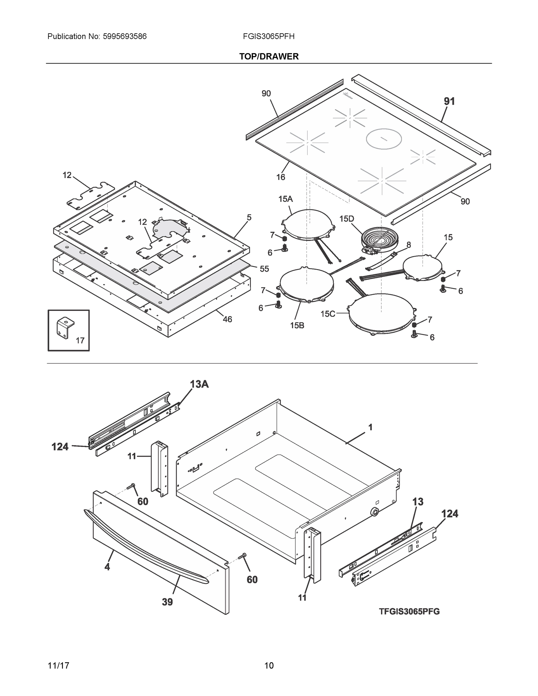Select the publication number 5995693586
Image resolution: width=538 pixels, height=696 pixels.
tap(125, 37)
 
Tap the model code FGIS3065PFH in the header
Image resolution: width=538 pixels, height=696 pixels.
tap(268, 37)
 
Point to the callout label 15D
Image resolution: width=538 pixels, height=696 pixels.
tap(347, 219)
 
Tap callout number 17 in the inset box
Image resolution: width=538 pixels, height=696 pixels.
tap(80, 340)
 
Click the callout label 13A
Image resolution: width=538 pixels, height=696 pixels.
tap(199, 384)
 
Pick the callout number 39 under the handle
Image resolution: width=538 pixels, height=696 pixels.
tap(167, 602)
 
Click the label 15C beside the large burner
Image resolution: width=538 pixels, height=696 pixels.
tap(328, 314)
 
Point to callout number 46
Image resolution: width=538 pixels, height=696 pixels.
tap(227, 319)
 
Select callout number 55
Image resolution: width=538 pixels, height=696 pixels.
tap(264, 269)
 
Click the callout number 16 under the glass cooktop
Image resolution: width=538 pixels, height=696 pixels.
tap(280, 177)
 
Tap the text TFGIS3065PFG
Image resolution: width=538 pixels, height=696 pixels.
tap(409, 612)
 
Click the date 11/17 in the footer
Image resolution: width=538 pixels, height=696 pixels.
tap(58, 666)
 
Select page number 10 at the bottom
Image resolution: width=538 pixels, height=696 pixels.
tap(269, 666)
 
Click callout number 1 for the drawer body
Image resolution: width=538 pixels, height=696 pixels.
tap(370, 427)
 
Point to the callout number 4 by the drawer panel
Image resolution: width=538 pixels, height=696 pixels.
tap(107, 567)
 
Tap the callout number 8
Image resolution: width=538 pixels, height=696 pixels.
tap(408, 245)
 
